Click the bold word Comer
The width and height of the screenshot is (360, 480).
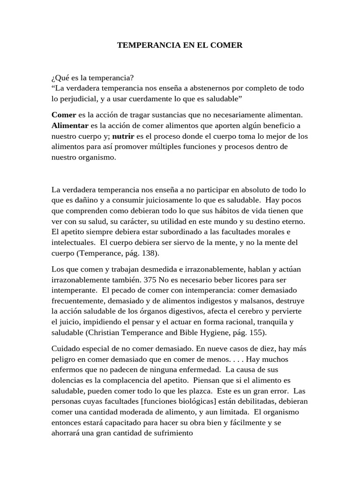[x=63, y=114]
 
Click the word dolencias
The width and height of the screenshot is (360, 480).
[x=67, y=380]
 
